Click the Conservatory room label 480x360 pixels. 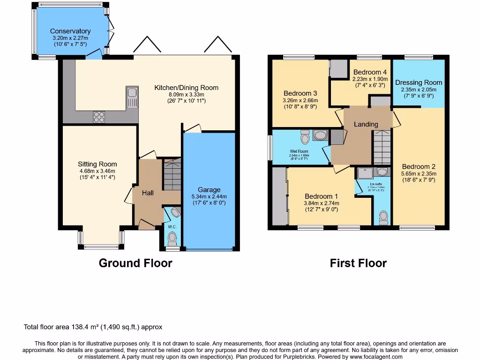(x=70, y=31)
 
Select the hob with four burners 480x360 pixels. (x=99, y=116)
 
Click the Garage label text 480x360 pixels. (x=209, y=190)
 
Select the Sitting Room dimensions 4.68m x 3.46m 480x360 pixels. (x=97, y=171)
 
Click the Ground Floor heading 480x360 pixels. (x=135, y=263)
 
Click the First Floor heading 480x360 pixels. (x=358, y=263)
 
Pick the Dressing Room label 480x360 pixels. (x=419, y=82)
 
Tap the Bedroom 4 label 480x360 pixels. (x=370, y=72)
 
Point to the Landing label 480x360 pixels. (x=366, y=124)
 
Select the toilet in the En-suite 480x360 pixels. (x=383, y=217)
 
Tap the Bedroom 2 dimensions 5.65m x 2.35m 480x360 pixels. (x=419, y=173)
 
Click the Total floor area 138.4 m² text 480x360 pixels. (x=93, y=327)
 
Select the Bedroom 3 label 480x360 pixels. (x=300, y=93)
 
